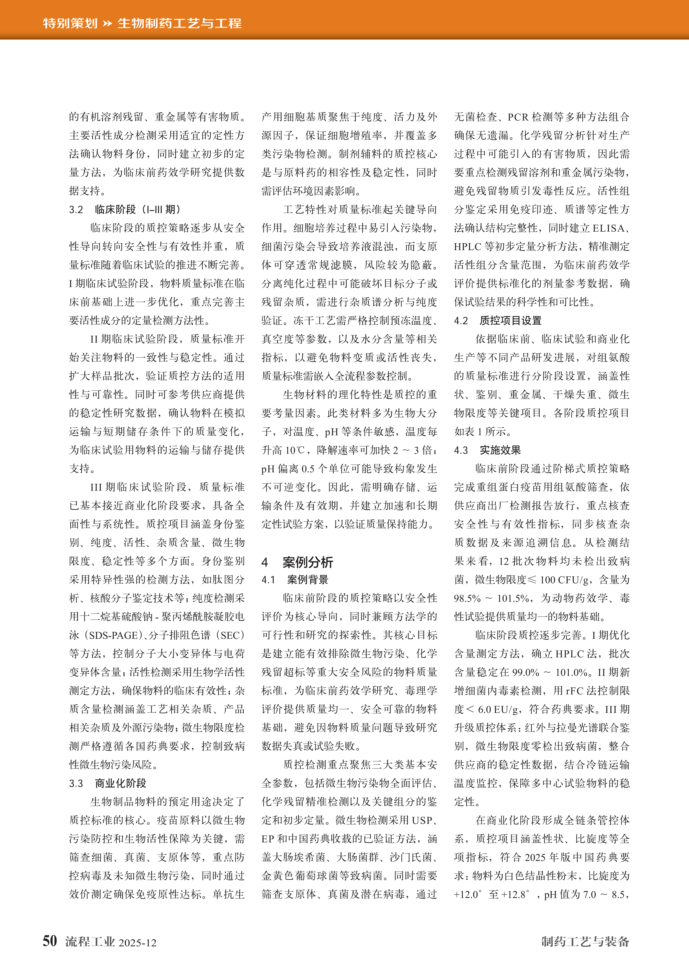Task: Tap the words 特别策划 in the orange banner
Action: pos(70,23)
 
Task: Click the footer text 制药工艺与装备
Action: pos(585,941)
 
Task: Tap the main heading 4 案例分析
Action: pos(297,562)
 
